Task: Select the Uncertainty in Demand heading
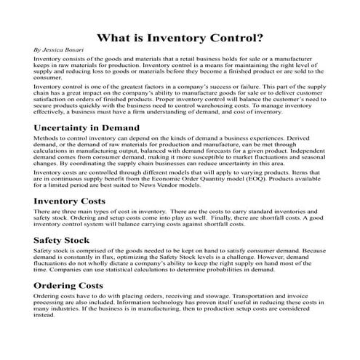(x=96, y=127)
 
